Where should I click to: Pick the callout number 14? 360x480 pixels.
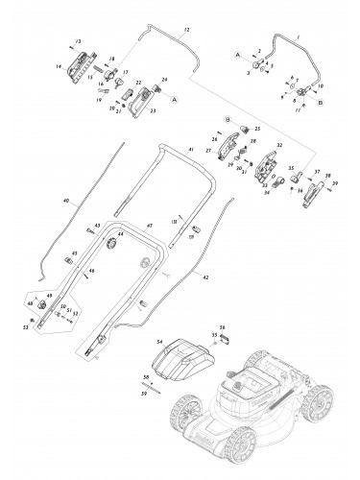click(x=60, y=64)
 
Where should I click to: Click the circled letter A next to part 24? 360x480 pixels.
click(x=173, y=98)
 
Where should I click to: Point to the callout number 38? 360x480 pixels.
click(x=327, y=177)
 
